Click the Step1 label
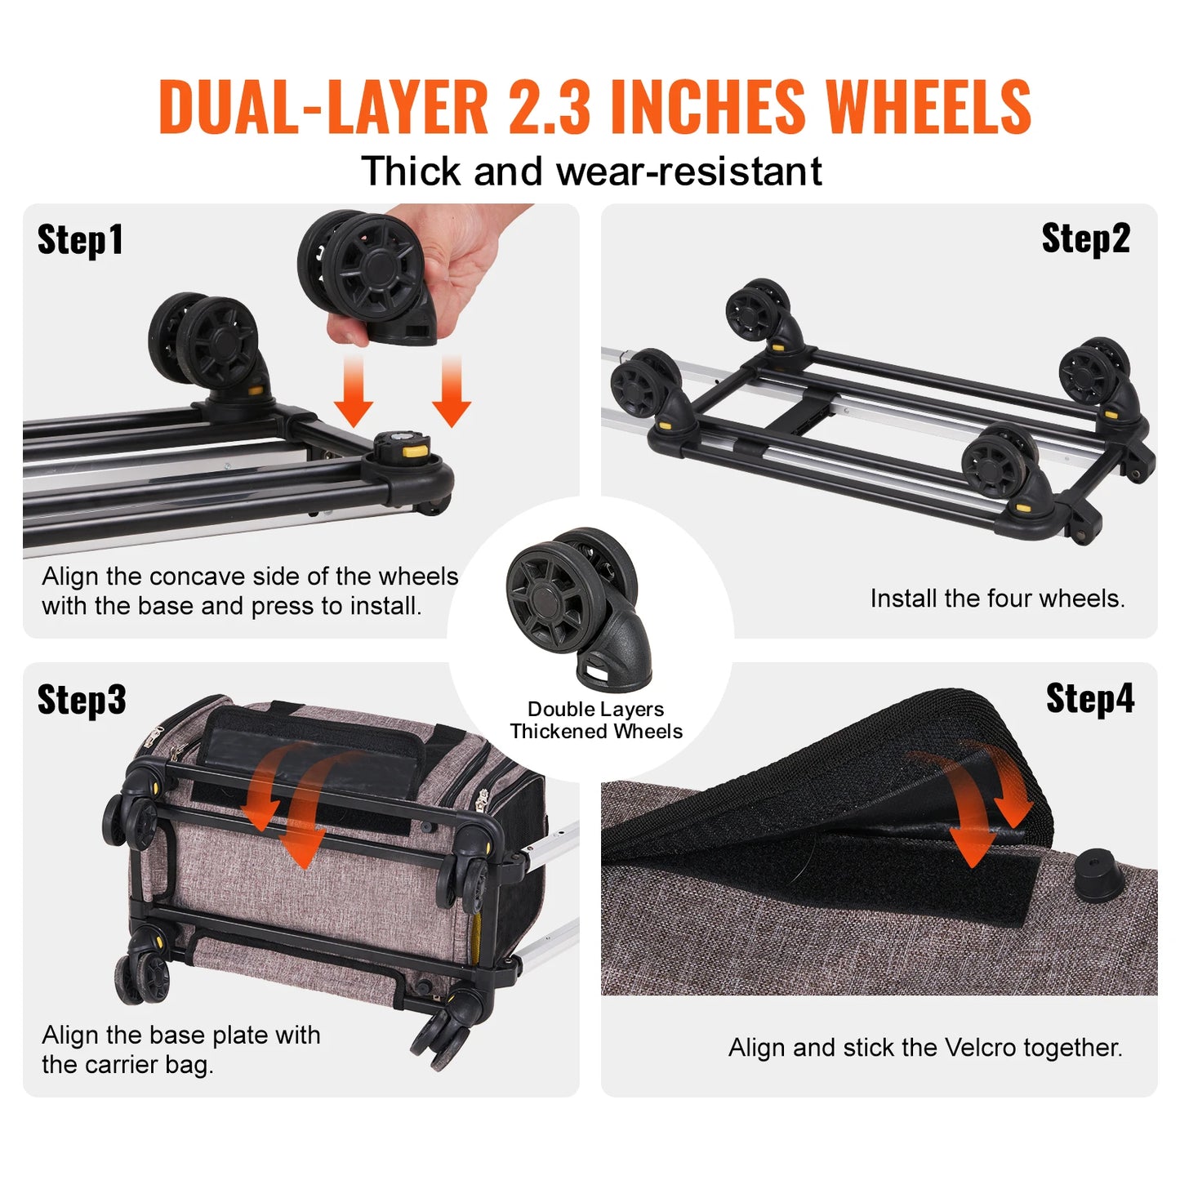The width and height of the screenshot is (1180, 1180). (x=80, y=240)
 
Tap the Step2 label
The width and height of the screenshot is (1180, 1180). (x=1085, y=239)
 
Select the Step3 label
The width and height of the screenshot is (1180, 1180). (x=82, y=700)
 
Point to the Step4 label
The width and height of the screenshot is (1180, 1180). (x=1090, y=699)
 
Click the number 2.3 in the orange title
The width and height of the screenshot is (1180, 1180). (x=549, y=108)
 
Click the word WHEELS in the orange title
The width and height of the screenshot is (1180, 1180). (x=928, y=108)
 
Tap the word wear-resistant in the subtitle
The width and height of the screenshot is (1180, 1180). (x=688, y=172)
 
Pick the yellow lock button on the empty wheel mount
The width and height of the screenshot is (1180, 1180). (x=416, y=447)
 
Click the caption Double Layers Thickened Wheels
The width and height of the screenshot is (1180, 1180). (x=596, y=720)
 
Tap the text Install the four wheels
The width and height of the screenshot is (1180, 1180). (x=997, y=599)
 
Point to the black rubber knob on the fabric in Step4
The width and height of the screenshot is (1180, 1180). (x=1098, y=875)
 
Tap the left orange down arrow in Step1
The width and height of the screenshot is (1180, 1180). (x=353, y=392)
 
